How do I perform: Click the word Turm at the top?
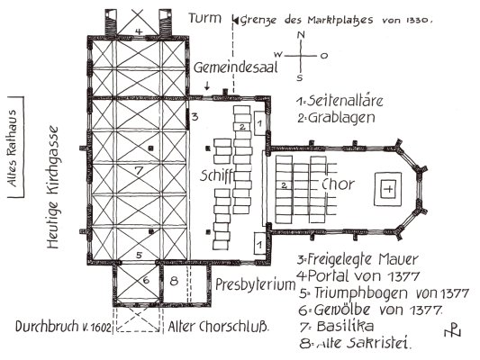coord(204,18)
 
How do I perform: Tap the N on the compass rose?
coord(301,35)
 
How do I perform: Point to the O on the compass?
coord(324,56)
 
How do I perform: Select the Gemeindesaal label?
coord(235,67)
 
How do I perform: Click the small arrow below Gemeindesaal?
coord(207,85)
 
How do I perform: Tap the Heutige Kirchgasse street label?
coord(52,187)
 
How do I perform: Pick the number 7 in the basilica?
coord(139,170)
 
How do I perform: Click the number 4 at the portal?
coord(139,31)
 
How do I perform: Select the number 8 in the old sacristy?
coord(174,281)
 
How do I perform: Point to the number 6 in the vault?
coord(146,280)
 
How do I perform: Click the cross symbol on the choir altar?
coord(388,189)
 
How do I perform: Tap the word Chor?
coord(338,184)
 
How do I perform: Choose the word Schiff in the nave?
coord(217,175)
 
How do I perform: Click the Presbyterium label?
coord(255,284)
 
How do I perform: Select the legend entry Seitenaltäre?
coord(345,101)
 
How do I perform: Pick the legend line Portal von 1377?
coord(358,276)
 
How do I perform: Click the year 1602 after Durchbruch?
coord(100,328)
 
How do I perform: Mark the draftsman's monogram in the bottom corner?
coord(452,330)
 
